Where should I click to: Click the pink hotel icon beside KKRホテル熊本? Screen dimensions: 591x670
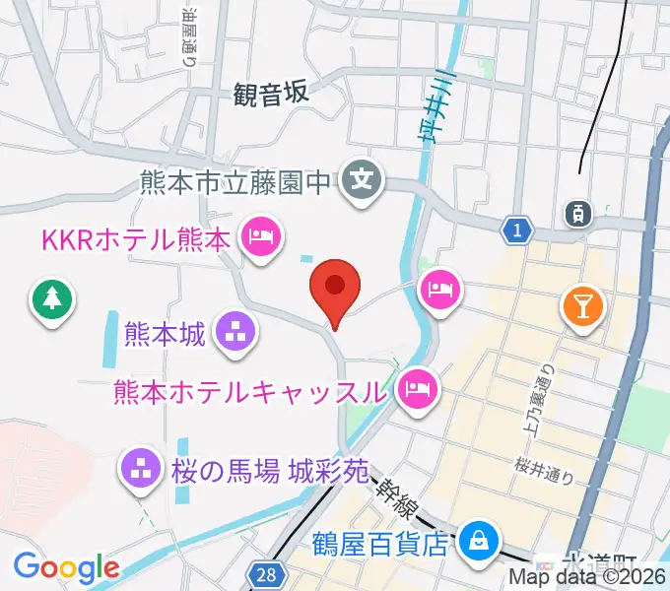click(262, 236)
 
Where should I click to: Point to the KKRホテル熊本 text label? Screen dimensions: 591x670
click(135, 238)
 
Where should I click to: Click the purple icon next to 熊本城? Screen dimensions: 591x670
click(235, 333)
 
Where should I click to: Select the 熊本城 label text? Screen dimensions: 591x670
click(166, 334)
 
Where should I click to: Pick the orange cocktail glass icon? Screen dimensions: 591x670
click(582, 307)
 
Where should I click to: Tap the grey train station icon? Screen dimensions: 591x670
click(575, 211)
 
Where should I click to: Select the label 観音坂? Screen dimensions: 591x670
click(272, 94)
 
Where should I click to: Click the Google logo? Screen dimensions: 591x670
click(66, 567)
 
